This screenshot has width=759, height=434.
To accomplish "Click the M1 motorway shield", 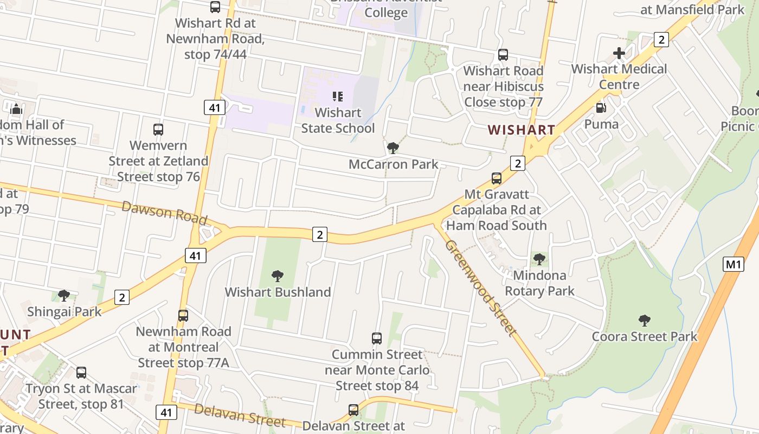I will (x=733, y=264).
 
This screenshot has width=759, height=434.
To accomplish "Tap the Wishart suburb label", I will (x=521, y=130).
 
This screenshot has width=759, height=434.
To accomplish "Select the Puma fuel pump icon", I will (x=601, y=108).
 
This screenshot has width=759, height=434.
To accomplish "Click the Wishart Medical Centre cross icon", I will (x=619, y=53).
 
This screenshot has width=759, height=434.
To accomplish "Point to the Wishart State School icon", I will (x=338, y=97).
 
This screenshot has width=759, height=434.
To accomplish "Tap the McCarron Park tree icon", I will (x=393, y=148).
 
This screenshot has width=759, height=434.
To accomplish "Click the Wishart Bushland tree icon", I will (x=278, y=276).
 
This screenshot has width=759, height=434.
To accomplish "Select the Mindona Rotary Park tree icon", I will (x=539, y=259).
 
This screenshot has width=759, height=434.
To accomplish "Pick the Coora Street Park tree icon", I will (x=644, y=320).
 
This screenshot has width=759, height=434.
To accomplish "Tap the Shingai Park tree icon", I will (x=64, y=296).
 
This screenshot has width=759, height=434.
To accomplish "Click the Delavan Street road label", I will (x=239, y=415).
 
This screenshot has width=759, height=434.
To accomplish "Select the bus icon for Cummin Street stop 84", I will (x=377, y=339).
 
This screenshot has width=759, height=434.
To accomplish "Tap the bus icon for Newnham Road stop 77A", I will (x=183, y=315).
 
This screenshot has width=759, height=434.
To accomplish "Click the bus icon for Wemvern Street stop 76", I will (x=158, y=130).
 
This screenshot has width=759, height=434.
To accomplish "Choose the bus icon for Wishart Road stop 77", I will (x=503, y=55).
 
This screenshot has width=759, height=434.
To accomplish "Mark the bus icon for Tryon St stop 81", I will (x=81, y=373).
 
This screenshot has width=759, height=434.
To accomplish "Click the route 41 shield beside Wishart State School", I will (x=215, y=107).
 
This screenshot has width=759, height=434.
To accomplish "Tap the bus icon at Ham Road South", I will (x=496, y=178).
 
